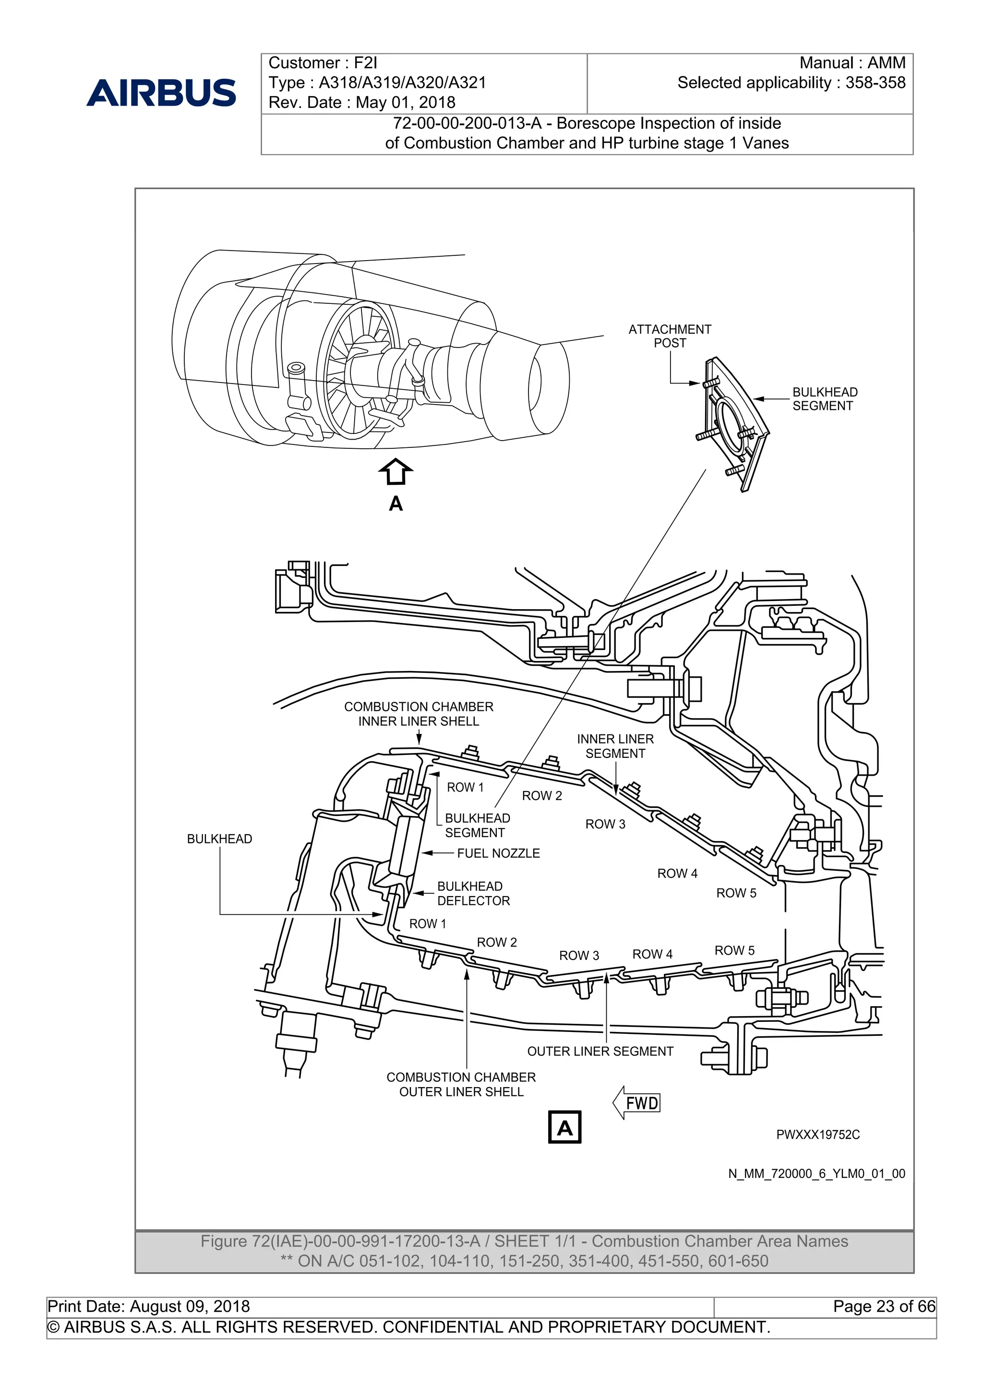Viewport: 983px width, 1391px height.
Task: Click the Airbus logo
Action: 161,92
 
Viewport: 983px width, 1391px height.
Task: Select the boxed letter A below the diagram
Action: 564,1127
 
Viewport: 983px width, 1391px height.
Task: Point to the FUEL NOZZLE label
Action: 498,853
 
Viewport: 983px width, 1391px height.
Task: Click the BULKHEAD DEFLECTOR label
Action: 473,894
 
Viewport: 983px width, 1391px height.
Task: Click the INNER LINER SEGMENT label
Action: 615,746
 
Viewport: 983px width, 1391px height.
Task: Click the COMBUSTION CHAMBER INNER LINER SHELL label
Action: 419,714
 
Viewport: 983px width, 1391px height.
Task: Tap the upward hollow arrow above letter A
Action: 396,471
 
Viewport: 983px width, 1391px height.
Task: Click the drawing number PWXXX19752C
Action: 818,1135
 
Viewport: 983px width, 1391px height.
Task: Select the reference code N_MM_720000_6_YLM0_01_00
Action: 816,1174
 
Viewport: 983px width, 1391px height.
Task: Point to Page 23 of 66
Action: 884,1306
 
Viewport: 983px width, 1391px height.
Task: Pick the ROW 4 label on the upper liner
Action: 677,873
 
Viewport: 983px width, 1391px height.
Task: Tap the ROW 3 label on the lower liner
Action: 578,955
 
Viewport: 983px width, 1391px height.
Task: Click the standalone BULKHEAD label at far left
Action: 219,839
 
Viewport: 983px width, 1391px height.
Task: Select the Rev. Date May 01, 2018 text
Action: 361,102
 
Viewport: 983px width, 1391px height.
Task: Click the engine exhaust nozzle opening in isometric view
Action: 535,385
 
